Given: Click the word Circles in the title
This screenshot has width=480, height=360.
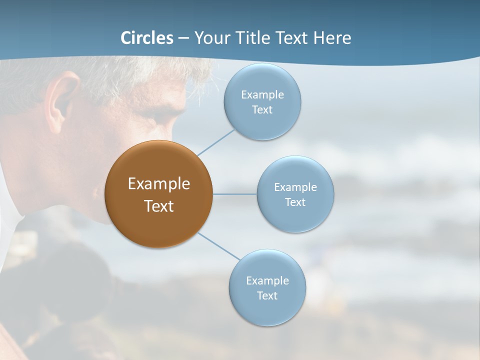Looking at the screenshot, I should (x=147, y=38).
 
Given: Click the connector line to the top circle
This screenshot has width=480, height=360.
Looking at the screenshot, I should (x=216, y=142).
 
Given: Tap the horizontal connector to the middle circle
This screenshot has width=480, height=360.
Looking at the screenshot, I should (x=234, y=194).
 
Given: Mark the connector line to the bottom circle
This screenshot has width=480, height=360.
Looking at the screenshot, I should (x=219, y=246).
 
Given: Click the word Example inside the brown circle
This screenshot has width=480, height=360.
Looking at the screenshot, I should (x=159, y=184).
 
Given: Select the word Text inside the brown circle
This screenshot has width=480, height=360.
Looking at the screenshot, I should (x=159, y=206).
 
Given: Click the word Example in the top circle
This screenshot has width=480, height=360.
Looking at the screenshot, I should (x=262, y=95).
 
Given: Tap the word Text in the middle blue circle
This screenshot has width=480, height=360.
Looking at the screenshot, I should (x=295, y=202).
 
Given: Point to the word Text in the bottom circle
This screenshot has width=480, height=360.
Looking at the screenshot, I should (x=267, y=296).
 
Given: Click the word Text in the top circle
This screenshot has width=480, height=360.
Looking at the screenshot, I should (x=262, y=110).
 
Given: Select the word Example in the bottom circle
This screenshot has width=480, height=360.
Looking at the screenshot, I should (x=267, y=281).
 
